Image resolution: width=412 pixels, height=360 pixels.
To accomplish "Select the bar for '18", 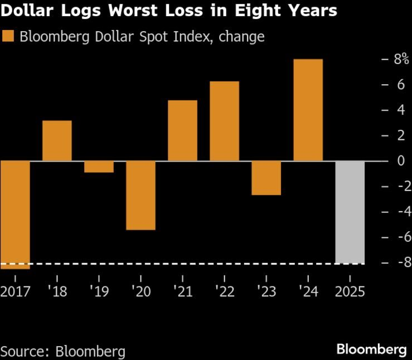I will coord(57,140).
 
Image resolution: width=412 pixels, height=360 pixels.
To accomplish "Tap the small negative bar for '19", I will coord(99,167).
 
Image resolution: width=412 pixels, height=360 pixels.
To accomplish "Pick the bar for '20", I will coord(140,195).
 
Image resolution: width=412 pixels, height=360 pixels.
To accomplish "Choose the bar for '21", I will coord(182,130).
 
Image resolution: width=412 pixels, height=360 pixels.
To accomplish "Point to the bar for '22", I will coord(224,121).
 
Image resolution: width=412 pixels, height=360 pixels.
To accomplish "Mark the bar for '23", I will coord(266,178).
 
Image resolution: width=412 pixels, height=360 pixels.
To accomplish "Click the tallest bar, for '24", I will coord(308,110).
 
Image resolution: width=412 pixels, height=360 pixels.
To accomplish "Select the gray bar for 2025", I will coord(350,212).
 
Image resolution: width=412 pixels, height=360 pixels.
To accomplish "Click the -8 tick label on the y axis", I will coord(398,262).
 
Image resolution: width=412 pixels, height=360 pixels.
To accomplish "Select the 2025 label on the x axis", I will coord(350,291).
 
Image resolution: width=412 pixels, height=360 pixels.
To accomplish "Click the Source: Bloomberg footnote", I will coord(62,351).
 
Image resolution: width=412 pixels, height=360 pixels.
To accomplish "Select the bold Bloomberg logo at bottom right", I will coord(371,349).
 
